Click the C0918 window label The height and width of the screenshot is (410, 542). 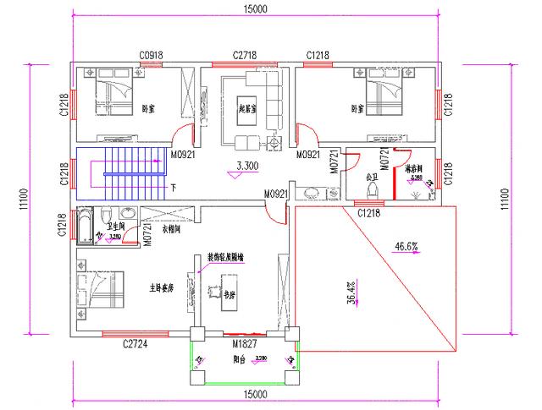click(x=151, y=55)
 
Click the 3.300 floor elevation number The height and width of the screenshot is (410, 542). click(x=247, y=166)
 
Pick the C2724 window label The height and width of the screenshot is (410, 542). click(x=135, y=344)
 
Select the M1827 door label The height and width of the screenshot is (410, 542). click(x=246, y=345)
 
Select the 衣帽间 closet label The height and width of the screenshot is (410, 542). click(x=173, y=228)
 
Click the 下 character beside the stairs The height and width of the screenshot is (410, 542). click(x=174, y=187)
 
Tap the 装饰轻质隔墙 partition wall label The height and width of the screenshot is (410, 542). click(x=227, y=255)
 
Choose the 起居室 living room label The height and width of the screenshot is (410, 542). click(x=249, y=108)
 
